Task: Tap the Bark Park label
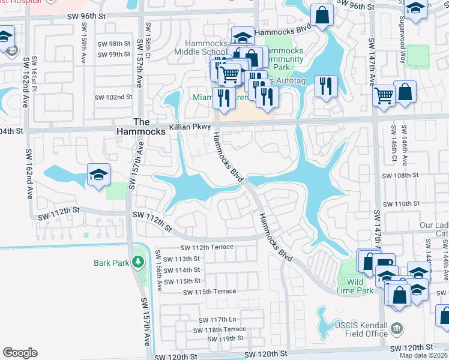point(112,263)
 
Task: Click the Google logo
point(20,353)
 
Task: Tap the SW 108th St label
point(400,175)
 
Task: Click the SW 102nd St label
point(113,97)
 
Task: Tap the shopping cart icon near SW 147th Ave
point(384,94)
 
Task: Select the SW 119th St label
point(225,339)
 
